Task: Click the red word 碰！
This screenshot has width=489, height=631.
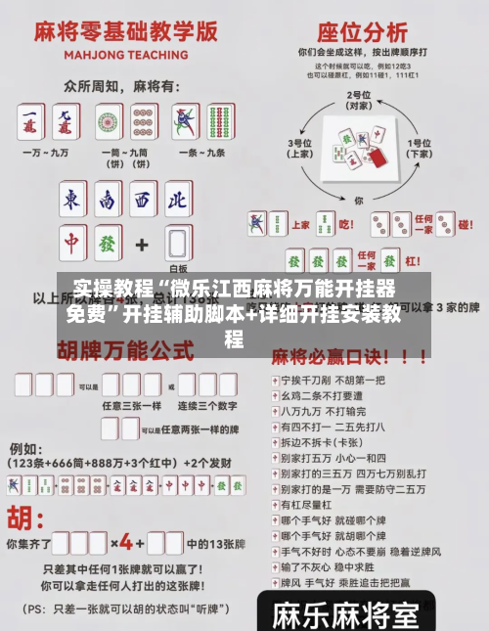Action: pos(466,223)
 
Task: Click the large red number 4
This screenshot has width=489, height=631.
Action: pos(125,541)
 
